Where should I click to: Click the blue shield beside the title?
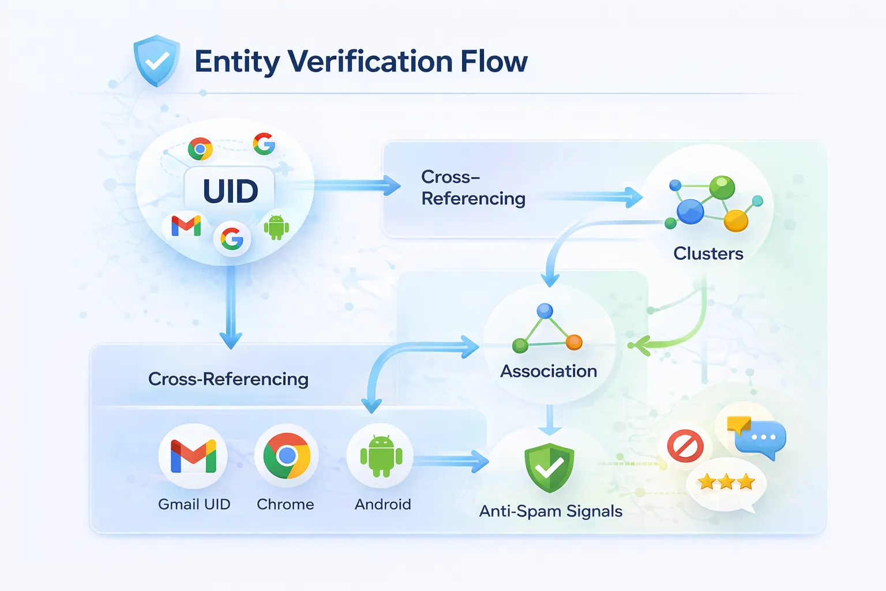[156, 61]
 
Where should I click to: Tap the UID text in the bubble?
[230, 191]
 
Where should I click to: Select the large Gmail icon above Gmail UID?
[193, 456]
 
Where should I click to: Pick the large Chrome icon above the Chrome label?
[287, 456]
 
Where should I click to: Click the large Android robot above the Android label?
[381, 456]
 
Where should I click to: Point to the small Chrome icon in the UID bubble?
[200, 149]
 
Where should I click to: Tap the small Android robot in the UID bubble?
[276, 227]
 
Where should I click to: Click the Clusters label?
[708, 253]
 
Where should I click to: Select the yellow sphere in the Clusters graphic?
[735, 220]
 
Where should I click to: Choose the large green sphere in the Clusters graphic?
[722, 187]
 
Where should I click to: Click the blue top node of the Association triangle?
[545, 311]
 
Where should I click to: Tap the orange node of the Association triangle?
[574, 342]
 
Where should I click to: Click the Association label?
[549, 371]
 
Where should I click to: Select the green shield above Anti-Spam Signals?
[549, 467]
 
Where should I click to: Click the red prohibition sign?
[685, 446]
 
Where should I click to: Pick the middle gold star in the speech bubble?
[726, 481]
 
